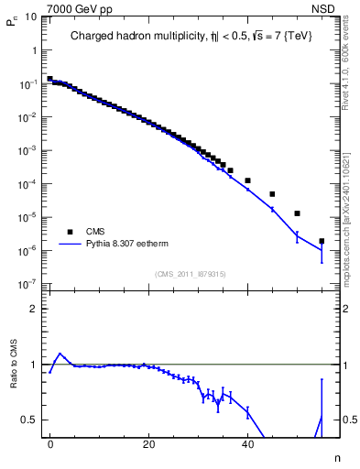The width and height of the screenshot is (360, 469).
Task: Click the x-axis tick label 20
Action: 148,443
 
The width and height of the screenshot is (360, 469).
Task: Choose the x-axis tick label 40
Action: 247,443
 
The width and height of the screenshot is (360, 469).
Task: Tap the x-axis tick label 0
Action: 50,443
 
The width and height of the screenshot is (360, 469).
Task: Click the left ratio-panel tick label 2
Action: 38,309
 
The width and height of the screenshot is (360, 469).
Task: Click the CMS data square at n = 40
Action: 247,180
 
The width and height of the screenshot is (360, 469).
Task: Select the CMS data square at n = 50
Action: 297,213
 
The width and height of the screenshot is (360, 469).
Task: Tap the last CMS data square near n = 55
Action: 322,241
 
